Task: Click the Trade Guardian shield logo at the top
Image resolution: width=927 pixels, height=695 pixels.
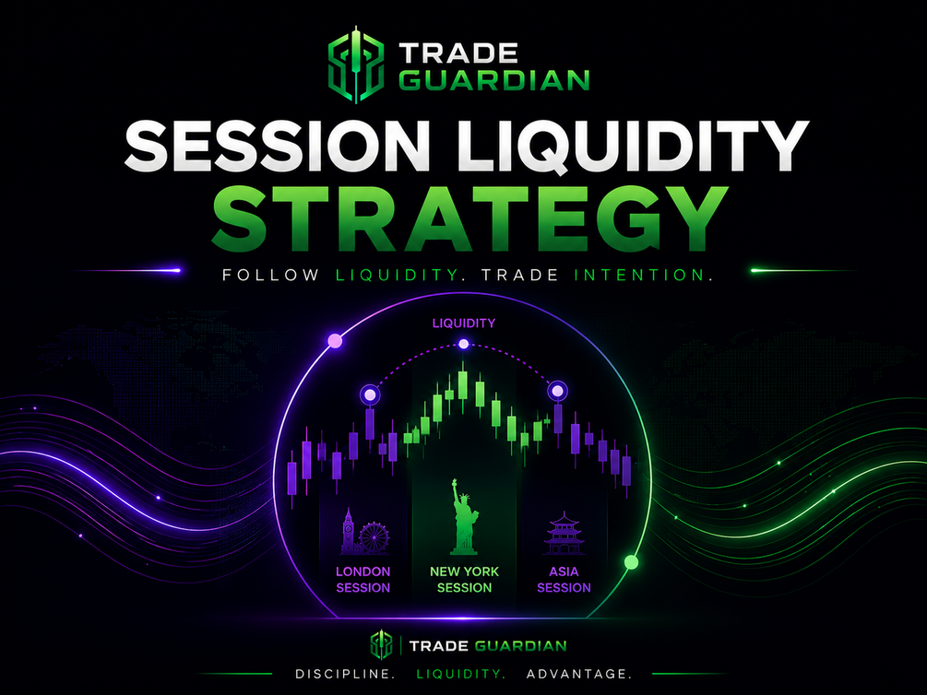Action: tap(356, 64)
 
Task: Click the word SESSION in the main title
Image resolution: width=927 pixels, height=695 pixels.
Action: tap(278, 147)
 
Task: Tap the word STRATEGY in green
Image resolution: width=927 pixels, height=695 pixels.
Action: tap(469, 218)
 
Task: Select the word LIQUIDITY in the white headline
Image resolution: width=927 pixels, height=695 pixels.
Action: tap(633, 147)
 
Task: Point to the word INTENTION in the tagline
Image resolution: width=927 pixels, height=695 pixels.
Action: tap(643, 275)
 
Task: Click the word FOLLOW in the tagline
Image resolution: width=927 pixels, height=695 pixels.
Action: tap(271, 275)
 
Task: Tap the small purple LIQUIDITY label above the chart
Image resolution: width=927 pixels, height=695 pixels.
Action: tap(463, 324)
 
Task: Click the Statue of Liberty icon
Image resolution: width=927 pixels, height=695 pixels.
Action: tap(464, 517)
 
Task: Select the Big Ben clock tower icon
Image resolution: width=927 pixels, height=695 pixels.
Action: tap(348, 531)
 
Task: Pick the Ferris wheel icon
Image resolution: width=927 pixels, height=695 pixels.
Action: tap(374, 537)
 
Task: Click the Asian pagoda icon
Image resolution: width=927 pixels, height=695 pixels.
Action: tap(564, 533)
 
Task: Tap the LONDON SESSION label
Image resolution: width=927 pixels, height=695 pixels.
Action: tap(363, 580)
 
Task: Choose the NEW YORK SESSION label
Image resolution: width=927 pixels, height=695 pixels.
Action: tap(464, 580)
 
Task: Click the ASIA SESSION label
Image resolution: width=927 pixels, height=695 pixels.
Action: tap(564, 580)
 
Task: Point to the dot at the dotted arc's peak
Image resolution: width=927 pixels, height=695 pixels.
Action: tap(463, 344)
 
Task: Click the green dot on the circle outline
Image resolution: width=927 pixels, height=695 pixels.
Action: tap(632, 562)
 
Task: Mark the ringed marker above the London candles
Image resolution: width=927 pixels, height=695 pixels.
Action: tap(370, 395)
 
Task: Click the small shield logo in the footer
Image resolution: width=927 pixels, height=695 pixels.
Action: tap(381, 645)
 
